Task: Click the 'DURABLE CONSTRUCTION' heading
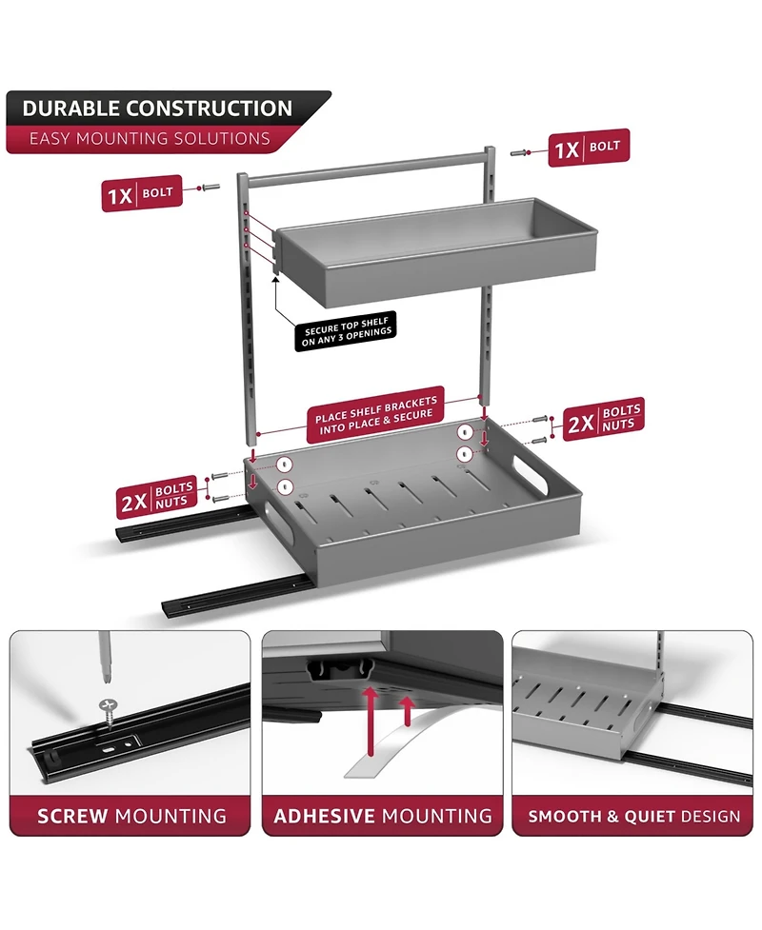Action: (x=157, y=109)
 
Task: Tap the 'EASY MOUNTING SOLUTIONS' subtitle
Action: (x=150, y=139)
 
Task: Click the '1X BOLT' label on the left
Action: (x=141, y=193)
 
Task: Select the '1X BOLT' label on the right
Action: (x=588, y=148)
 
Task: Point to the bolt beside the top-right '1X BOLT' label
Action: (x=520, y=153)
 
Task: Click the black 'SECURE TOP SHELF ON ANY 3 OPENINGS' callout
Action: (x=346, y=331)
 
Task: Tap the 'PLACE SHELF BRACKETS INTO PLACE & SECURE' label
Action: (x=375, y=416)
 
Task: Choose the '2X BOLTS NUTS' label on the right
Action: (x=603, y=420)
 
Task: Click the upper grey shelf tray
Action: (x=436, y=252)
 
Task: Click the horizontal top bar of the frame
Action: (x=368, y=168)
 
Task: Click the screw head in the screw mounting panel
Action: (x=108, y=705)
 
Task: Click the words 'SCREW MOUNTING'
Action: (x=131, y=816)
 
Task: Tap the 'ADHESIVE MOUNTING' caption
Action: (x=383, y=816)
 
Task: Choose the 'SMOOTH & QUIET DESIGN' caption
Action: (x=633, y=817)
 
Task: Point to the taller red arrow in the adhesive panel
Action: (x=371, y=721)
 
